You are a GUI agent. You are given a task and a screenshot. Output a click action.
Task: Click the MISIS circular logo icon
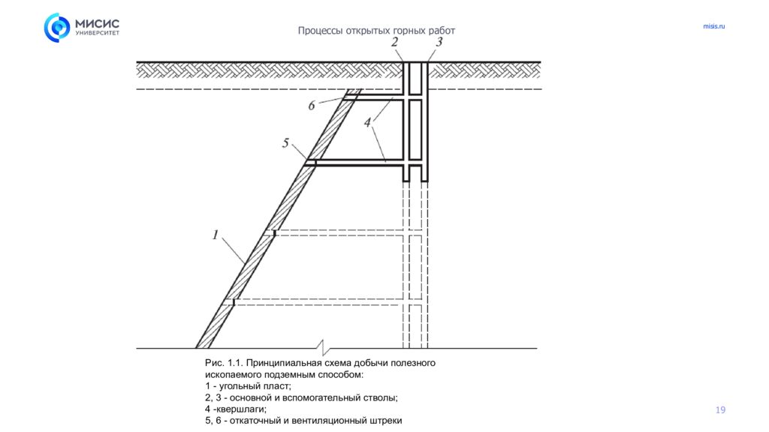click(57, 28)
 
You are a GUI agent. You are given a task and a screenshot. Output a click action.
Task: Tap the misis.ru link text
click(714, 27)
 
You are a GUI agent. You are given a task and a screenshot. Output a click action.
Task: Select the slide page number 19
click(721, 409)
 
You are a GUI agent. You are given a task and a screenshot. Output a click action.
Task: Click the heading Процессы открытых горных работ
click(376, 31)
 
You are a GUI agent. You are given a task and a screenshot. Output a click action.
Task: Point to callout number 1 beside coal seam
click(215, 235)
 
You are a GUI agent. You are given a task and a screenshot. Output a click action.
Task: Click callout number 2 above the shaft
click(395, 43)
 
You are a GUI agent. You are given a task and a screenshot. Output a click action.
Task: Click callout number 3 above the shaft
click(439, 43)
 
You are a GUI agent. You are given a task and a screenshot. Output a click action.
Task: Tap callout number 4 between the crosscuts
click(368, 121)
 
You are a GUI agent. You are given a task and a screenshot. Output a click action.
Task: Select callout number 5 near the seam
click(285, 143)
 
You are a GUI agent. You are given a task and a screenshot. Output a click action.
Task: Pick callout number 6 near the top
click(312, 106)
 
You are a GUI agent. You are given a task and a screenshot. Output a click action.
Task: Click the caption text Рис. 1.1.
click(223, 363)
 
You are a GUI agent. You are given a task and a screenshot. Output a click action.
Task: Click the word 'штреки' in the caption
click(386, 421)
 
